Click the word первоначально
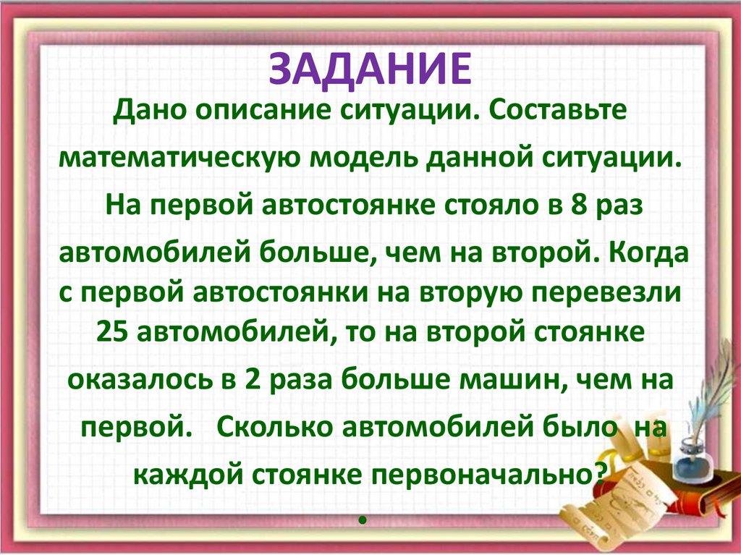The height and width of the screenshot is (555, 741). click(487, 473)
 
